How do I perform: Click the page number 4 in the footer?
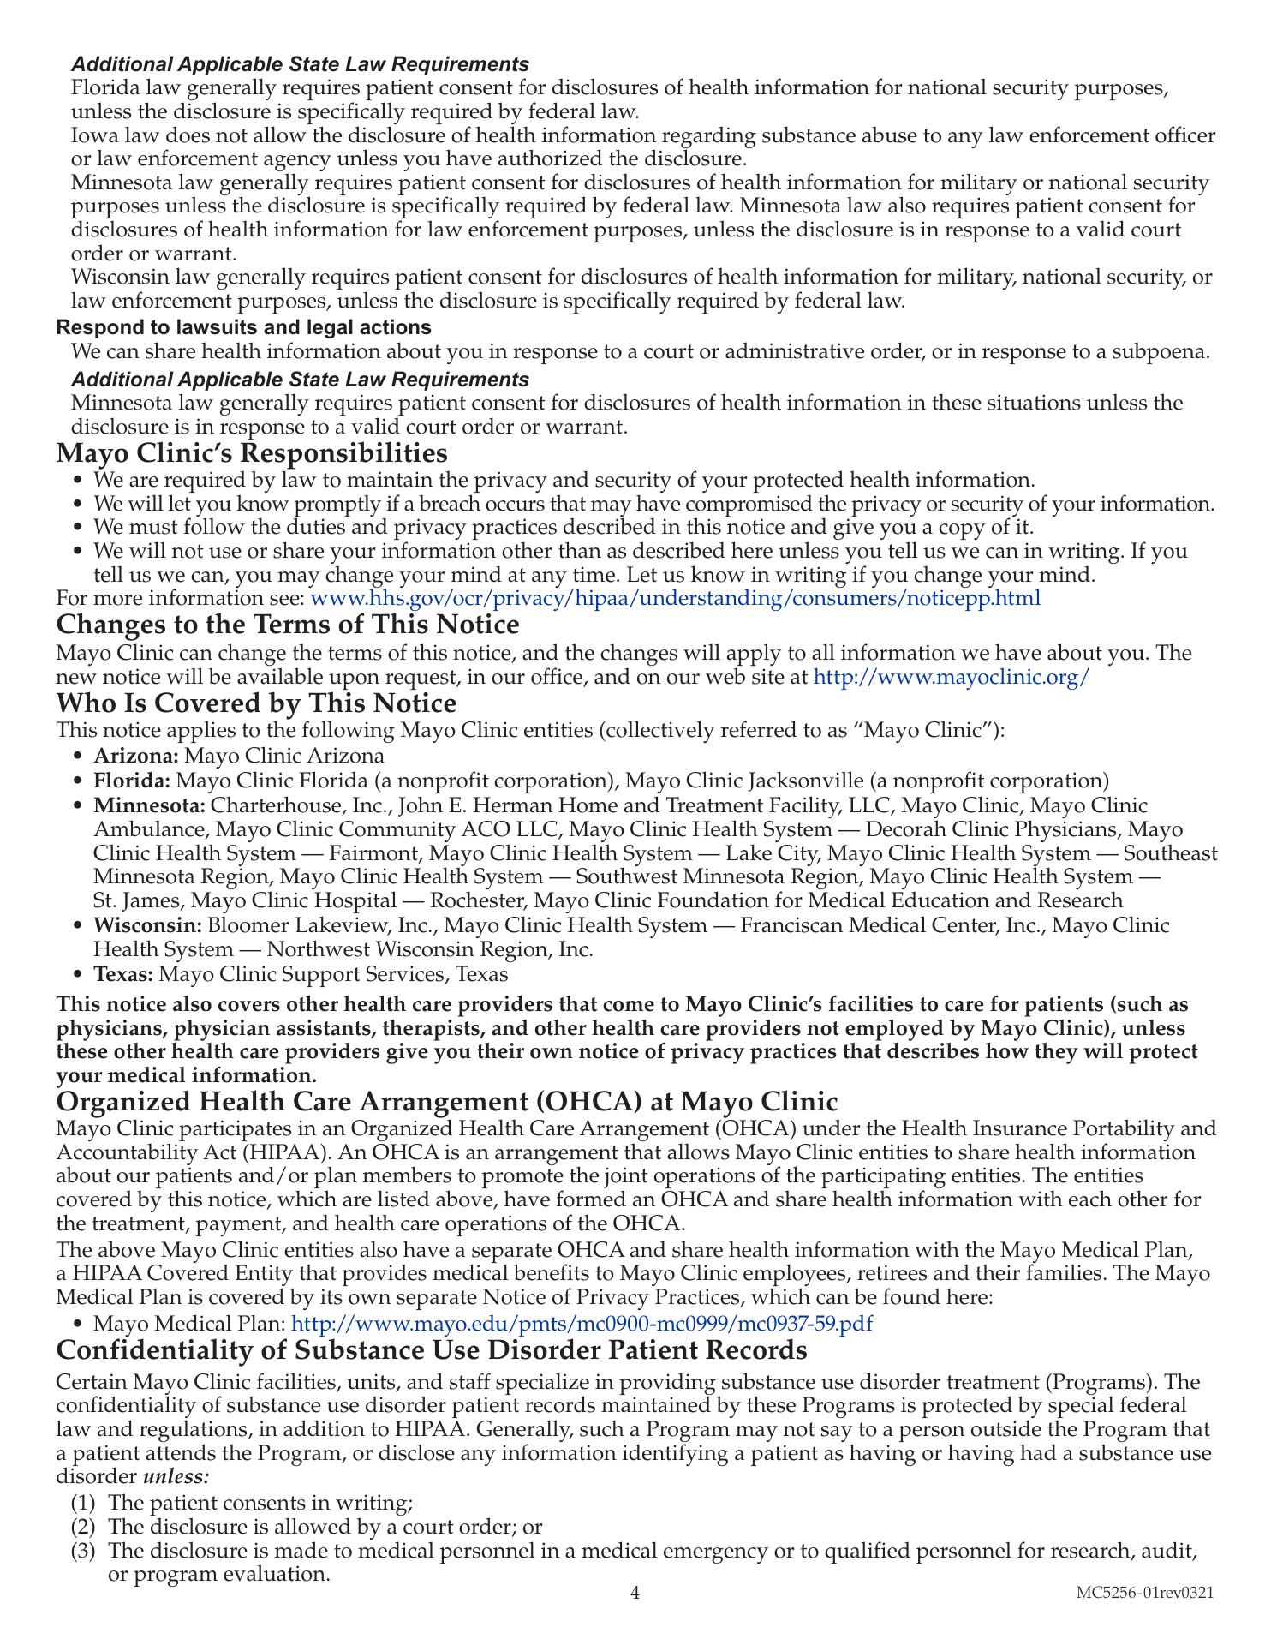[635, 1593]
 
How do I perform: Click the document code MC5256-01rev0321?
[1145, 1593]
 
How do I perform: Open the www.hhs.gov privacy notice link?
[675, 598]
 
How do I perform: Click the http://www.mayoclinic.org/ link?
[951, 677]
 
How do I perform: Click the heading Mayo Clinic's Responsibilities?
[252, 452]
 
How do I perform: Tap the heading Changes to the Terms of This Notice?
[288, 624]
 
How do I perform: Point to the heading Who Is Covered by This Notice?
[256, 703]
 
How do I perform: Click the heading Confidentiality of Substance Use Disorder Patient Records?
[432, 1350]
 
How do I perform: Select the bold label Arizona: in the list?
[136, 756]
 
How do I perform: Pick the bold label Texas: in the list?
[123, 974]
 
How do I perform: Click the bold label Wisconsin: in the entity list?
[147, 925]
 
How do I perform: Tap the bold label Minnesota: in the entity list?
[150, 805]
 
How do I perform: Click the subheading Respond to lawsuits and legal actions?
[244, 327]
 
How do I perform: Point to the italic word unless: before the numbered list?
[176, 1477]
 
